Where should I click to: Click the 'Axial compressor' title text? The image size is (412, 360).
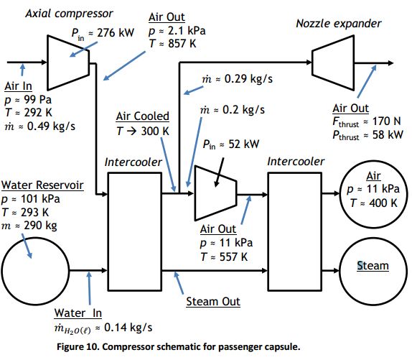coord(69,14)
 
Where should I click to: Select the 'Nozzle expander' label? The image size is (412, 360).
coord(339,24)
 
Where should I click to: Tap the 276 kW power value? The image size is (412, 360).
coord(116,33)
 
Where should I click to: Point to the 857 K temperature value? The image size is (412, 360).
coord(182,43)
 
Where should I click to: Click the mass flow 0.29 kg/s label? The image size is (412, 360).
coord(248,79)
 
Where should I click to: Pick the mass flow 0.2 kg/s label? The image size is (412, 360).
coord(243,110)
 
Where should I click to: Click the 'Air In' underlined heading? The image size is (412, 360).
coord(18,86)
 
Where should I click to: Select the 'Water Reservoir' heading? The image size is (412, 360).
coord(42,185)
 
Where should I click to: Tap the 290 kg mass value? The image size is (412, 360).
coord(40,226)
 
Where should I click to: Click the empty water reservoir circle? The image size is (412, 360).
coord(35,271)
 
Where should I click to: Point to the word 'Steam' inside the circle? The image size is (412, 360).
coord(373,266)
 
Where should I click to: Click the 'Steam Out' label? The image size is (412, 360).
coord(213,302)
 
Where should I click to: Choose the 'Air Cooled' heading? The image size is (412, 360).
coord(142,116)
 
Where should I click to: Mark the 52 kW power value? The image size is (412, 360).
coord(244,144)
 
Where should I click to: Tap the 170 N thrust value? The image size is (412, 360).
coord(386,121)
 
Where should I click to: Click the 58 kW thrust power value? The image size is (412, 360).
coord(388,134)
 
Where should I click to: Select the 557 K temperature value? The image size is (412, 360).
coord(233,257)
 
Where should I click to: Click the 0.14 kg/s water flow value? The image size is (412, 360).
coord(128,328)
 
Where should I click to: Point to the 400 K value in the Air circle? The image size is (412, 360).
coord(383,203)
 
